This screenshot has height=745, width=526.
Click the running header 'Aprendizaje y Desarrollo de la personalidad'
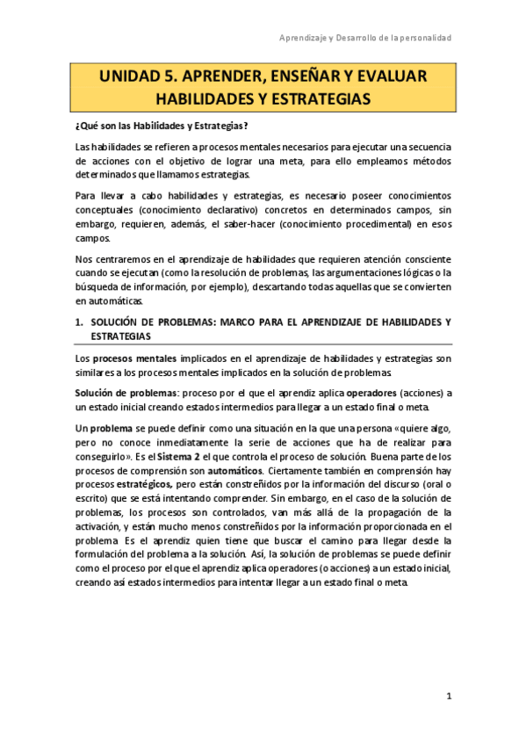(365, 38)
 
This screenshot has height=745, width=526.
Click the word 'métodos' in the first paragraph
(427, 163)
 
